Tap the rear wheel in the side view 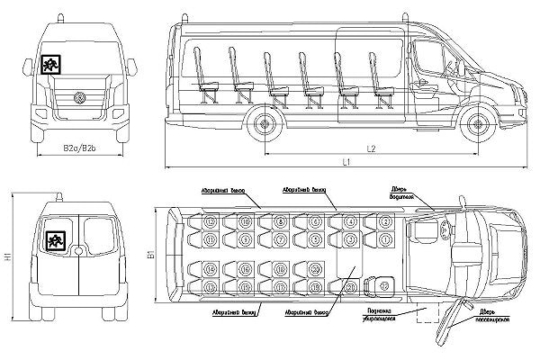coord(266,123)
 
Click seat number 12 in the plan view coord(209,221)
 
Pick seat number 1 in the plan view coord(384,238)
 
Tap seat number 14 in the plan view coord(209,270)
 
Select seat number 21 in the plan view coord(350,286)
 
